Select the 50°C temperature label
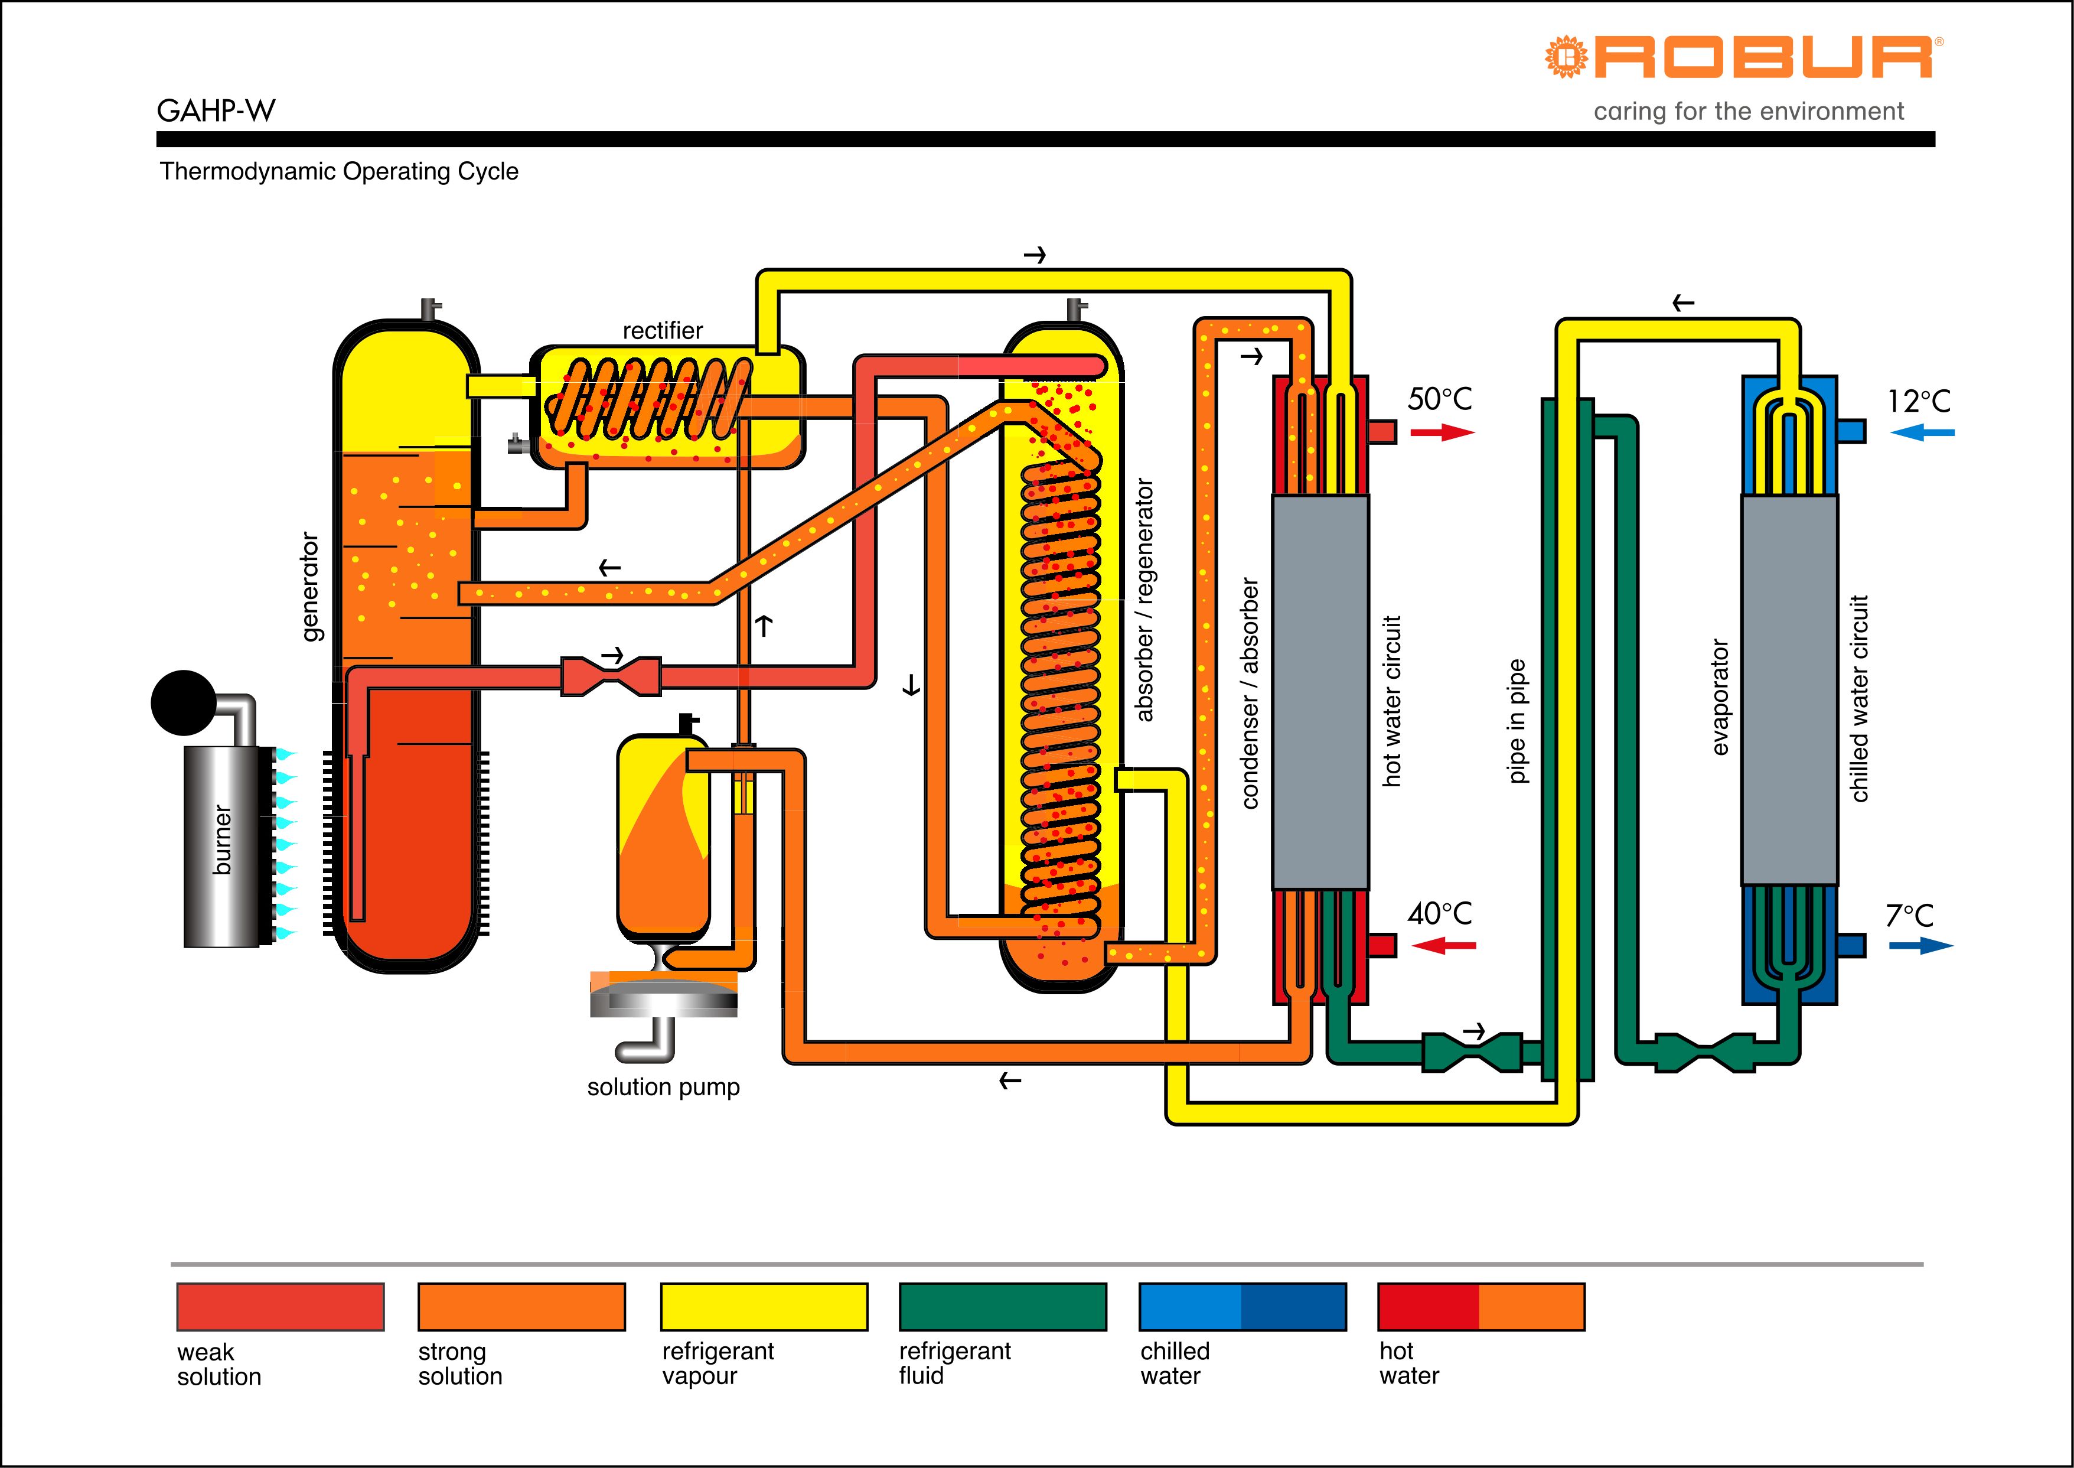(x=1440, y=399)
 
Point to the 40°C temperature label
(x=1440, y=913)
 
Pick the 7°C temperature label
(x=1909, y=916)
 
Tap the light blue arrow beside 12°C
(x=1922, y=433)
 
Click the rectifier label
(x=663, y=331)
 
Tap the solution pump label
(x=663, y=1086)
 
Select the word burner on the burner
(x=222, y=841)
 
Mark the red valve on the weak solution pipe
(x=611, y=677)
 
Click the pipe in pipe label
(x=1517, y=721)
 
